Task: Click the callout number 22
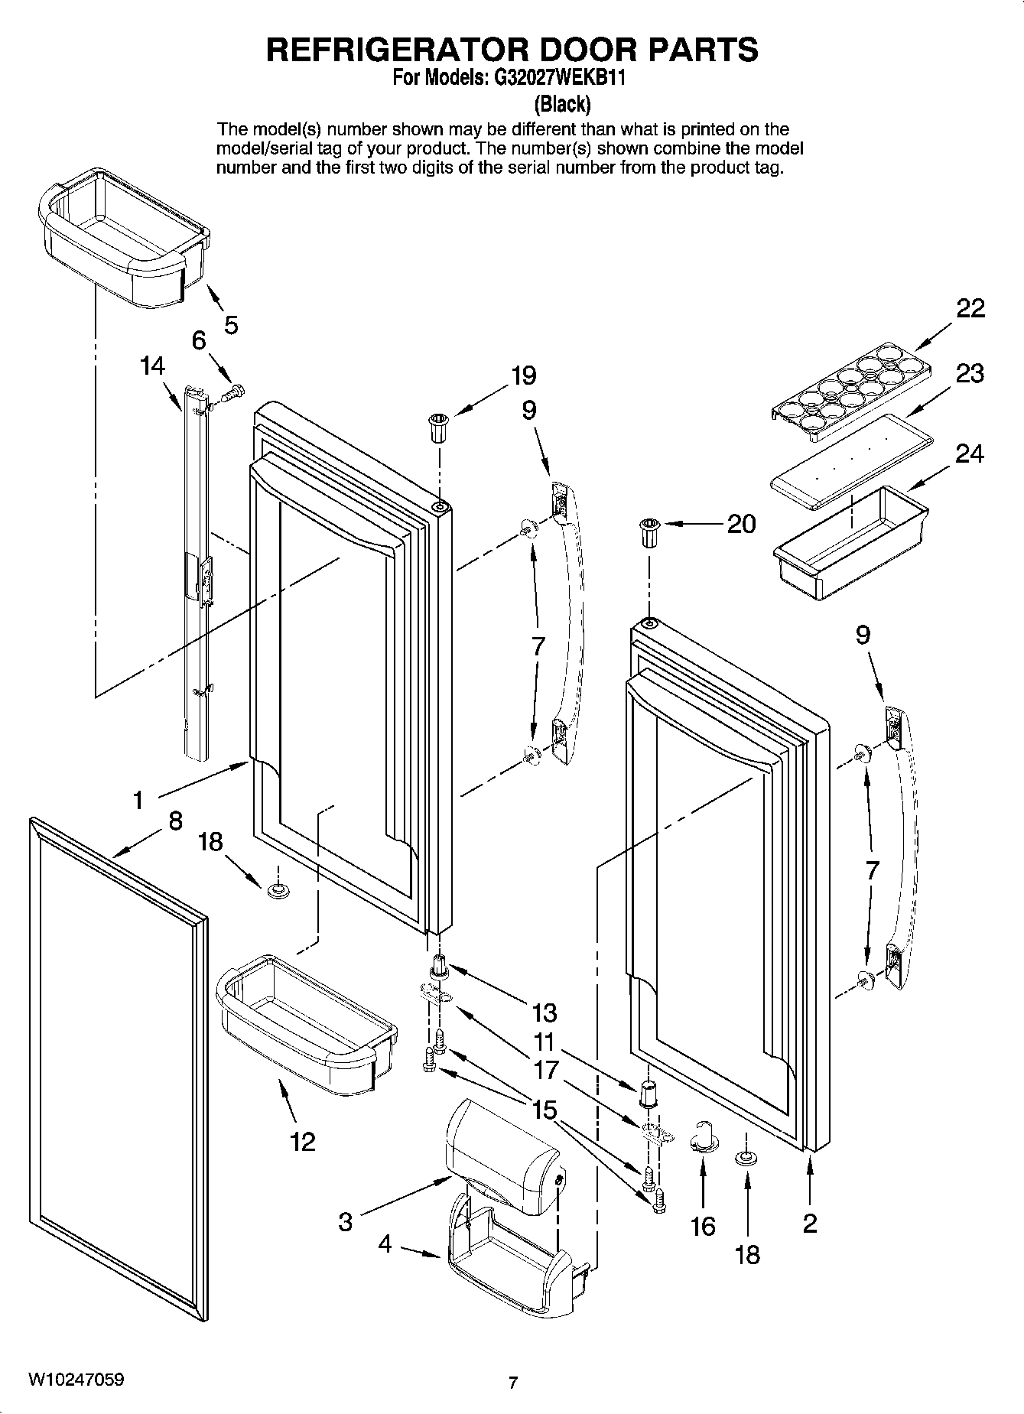[x=970, y=309]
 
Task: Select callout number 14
[x=152, y=366]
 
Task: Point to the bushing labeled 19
[x=438, y=427]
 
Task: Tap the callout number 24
[x=970, y=453]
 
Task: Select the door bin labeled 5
[x=122, y=239]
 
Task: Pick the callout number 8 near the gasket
[x=175, y=821]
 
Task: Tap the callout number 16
[x=702, y=1227]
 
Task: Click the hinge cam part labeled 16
[x=704, y=1138]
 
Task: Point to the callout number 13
[x=544, y=1013]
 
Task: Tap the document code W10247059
[x=76, y=1380]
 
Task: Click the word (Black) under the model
[x=562, y=103]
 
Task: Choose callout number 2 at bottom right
[x=810, y=1224]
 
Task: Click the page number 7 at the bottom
[x=512, y=1383]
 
